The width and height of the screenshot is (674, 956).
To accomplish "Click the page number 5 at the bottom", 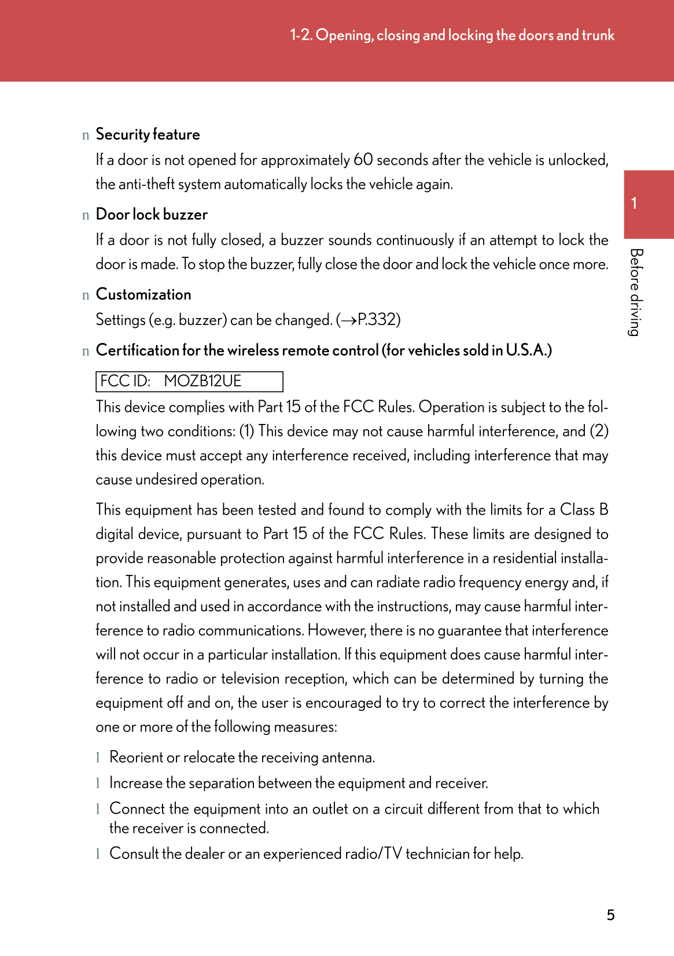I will (610, 915).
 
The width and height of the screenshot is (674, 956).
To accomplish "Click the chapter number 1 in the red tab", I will (634, 203).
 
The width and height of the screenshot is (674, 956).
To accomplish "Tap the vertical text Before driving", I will (636, 292).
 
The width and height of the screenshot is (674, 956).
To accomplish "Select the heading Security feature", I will (148, 134).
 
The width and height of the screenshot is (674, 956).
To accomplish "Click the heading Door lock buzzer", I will (152, 215).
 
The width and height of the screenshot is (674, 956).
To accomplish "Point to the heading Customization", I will (143, 294).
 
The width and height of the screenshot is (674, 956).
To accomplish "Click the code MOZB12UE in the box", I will (202, 381).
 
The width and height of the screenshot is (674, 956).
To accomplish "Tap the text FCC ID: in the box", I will (125, 381).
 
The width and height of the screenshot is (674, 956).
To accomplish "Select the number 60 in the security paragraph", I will (363, 160).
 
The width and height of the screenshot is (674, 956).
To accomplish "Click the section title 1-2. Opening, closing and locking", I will (452, 35).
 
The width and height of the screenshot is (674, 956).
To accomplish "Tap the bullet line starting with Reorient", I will (242, 757).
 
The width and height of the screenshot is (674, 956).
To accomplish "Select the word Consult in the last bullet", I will (134, 854).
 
